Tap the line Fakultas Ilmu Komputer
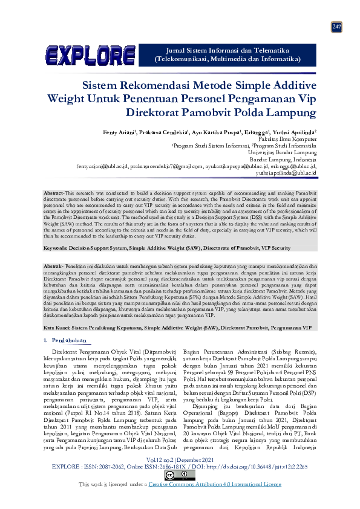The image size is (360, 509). point(292,138)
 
